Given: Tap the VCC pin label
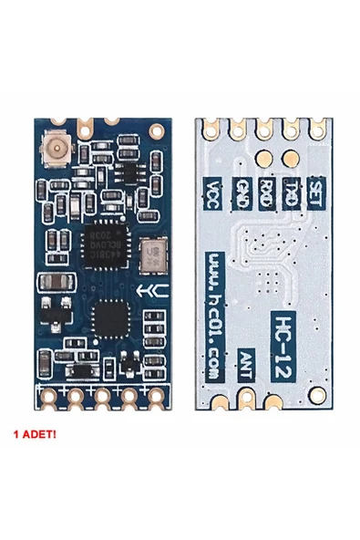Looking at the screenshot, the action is pyautogui.click(x=212, y=193).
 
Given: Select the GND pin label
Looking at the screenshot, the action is pyautogui.click(x=241, y=192).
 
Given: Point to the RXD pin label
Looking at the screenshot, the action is pyautogui.click(x=265, y=192).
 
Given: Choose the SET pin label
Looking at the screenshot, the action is pyautogui.click(x=317, y=190).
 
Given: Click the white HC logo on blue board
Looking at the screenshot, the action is pyautogui.click(x=142, y=294).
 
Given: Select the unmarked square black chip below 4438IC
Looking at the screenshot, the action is pyautogui.click(x=108, y=319).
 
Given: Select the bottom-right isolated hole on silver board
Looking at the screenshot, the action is pyautogui.click(x=319, y=394).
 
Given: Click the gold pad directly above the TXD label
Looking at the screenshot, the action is pyautogui.click(x=292, y=156).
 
